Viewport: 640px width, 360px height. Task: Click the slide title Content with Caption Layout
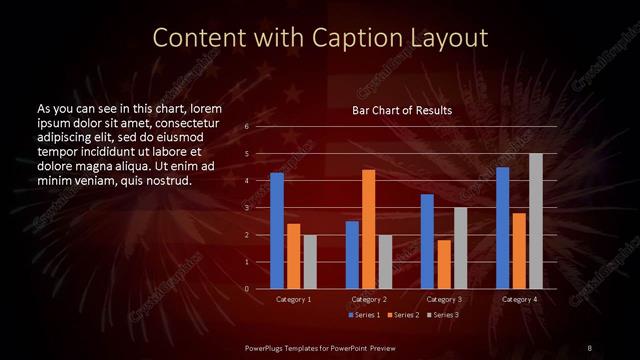click(x=319, y=38)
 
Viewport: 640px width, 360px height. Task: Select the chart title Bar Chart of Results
click(x=401, y=110)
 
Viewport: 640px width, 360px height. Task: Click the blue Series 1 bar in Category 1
click(x=277, y=231)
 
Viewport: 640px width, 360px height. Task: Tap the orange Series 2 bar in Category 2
click(x=368, y=229)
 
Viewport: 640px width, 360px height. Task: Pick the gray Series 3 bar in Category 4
click(x=535, y=221)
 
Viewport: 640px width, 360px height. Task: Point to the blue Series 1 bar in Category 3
click(x=427, y=241)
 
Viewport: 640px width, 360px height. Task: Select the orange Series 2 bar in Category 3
click(x=443, y=264)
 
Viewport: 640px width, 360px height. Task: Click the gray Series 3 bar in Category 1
click(x=310, y=262)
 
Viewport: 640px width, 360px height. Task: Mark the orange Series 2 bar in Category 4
click(x=518, y=251)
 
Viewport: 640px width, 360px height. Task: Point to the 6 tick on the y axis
click(x=247, y=127)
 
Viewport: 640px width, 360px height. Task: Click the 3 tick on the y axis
click(x=247, y=208)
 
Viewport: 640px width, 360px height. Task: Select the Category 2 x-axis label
click(x=369, y=299)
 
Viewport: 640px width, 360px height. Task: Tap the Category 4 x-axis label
click(x=518, y=299)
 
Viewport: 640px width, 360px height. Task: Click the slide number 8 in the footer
click(x=589, y=347)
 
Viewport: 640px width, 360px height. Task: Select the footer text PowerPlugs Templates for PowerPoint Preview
click(x=319, y=347)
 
